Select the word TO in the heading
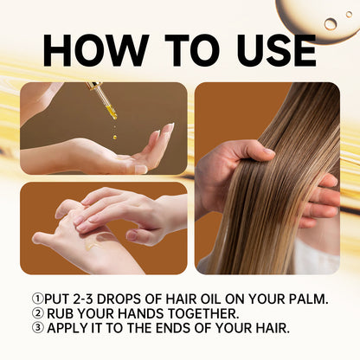tap(177, 49)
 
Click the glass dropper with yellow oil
tap(103, 100)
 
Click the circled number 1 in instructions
tap(37, 299)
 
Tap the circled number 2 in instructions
tap(37, 313)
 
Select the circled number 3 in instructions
tap(37, 328)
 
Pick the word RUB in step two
tap(61, 313)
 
